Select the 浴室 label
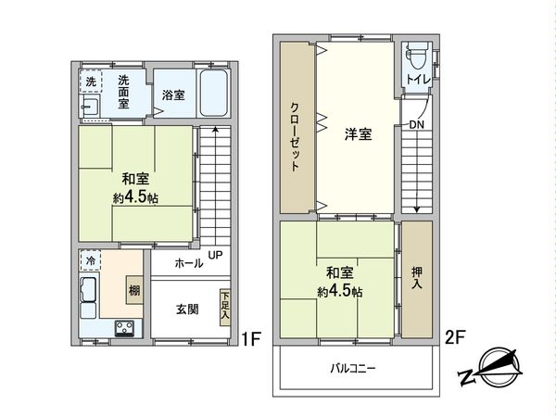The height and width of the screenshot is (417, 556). [172, 95]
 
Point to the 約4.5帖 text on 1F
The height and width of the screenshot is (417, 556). [134, 197]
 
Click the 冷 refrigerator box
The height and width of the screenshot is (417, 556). [91, 262]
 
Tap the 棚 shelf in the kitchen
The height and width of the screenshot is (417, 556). [135, 288]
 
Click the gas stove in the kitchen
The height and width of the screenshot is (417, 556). [124, 327]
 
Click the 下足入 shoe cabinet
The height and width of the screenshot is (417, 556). [224, 307]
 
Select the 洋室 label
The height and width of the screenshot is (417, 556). [358, 135]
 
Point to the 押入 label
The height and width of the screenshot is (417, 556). [417, 277]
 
